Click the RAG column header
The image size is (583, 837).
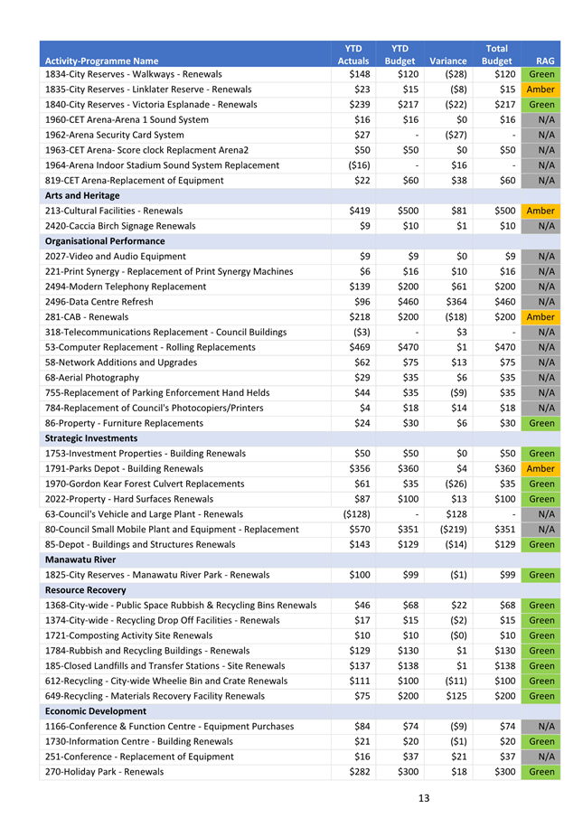pos(545,61)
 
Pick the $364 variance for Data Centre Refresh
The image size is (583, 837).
pos(456,302)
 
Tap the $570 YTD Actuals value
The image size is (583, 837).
pos(359,529)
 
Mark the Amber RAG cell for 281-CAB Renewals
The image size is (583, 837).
pos(541,317)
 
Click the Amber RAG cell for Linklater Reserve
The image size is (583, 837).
pos(541,89)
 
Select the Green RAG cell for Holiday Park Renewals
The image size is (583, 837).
pos(541,772)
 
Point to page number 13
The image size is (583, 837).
pos(424,797)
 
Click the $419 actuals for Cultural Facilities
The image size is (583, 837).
pos(359,211)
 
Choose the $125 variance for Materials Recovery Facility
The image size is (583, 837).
pos(456,696)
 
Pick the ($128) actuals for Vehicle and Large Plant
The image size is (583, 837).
pos(353,514)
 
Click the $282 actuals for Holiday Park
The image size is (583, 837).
pos(359,772)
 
